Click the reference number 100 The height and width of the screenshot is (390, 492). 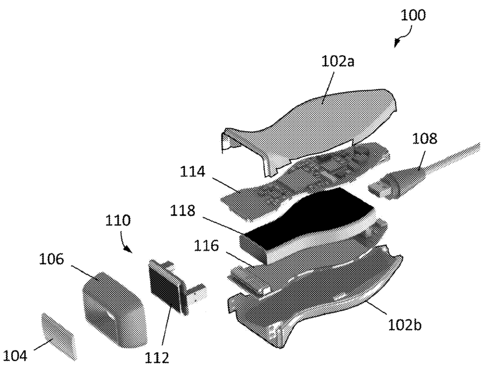point(413,15)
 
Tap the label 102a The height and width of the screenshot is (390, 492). point(338,61)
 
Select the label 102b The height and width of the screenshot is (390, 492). point(405,325)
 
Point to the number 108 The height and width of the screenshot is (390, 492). point(424,138)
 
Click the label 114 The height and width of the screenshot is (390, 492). point(192,171)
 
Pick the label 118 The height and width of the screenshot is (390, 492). point(183,210)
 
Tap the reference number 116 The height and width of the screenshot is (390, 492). point(206,245)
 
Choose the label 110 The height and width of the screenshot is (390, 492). point(118,220)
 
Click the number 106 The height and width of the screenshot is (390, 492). point(51,259)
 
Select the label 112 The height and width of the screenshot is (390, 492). point(156,358)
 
